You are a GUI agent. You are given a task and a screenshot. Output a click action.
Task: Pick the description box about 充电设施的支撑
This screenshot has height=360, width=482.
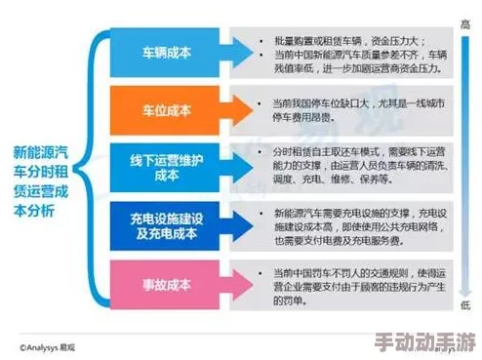(346, 226)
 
